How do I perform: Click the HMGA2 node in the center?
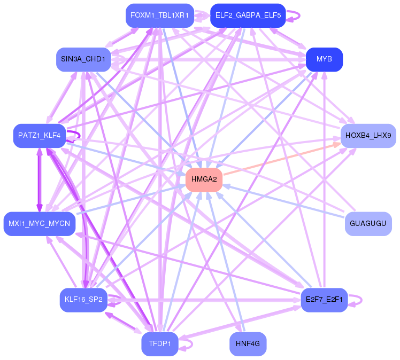point(204,179)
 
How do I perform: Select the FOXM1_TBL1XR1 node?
point(159,15)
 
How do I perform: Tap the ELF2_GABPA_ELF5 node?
point(248,15)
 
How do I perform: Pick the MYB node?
point(324,59)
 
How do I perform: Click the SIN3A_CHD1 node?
point(82,59)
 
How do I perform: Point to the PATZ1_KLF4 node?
point(39,136)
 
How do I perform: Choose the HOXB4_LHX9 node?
point(368,136)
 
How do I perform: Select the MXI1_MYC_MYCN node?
point(39,223)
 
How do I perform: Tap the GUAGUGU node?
point(368,223)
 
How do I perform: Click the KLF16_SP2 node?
point(83,300)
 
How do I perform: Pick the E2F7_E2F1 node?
point(324,300)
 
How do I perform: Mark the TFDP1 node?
point(159,343)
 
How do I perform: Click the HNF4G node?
point(248,343)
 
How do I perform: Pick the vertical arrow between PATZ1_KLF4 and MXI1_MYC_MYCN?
point(39,179)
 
